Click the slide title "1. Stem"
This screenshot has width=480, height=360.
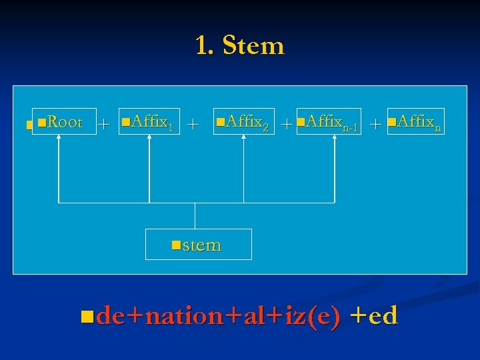(x=239, y=46)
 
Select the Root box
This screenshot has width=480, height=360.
(x=60, y=122)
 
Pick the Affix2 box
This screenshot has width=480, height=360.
(x=242, y=122)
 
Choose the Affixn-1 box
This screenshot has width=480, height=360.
(x=329, y=122)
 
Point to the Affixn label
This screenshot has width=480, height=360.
(x=415, y=122)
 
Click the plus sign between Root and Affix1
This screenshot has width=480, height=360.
(x=105, y=123)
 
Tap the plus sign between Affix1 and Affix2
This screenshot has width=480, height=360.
(x=193, y=123)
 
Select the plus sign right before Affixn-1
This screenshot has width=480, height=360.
(x=286, y=123)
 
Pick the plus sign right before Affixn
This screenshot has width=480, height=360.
(x=375, y=123)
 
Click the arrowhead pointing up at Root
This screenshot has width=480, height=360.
(x=60, y=140)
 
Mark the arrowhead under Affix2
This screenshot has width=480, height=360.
(x=242, y=140)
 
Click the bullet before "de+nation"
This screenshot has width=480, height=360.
(x=83, y=314)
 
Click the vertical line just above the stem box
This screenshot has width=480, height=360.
(x=195, y=215)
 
